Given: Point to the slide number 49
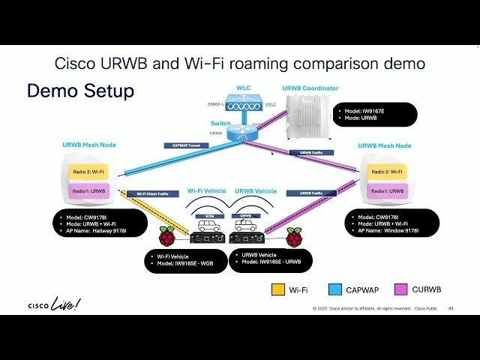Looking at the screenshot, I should click(451, 308).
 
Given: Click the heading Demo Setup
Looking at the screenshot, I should click(80, 91).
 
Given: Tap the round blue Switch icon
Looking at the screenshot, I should click(241, 131).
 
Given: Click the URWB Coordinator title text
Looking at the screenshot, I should click(310, 88).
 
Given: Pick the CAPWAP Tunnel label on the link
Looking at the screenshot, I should click(184, 145).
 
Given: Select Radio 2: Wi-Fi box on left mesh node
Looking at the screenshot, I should click(89, 172).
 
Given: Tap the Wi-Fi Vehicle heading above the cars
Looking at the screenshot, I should click(207, 191).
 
